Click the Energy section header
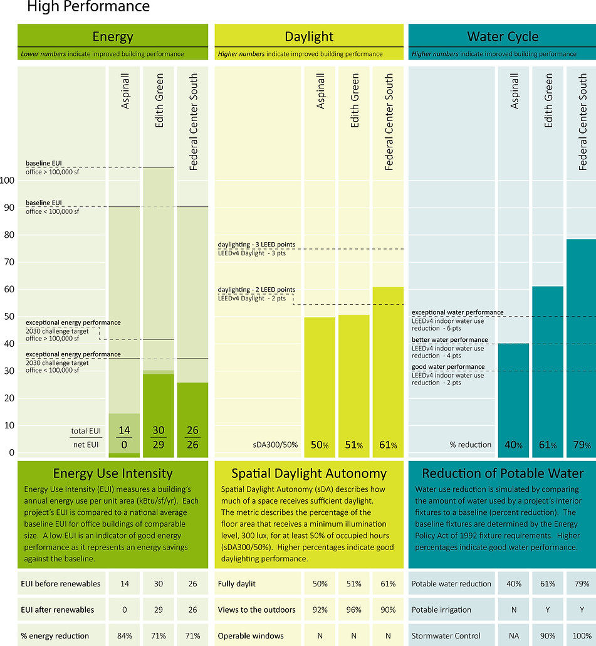[x=113, y=37]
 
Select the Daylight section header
[x=309, y=37]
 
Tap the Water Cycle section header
[x=503, y=37]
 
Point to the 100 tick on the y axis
[x=8, y=181]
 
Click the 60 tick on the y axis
[x=8, y=289]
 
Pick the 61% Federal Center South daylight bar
[x=388, y=370]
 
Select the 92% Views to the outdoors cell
[x=320, y=610]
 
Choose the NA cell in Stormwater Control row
[x=514, y=635]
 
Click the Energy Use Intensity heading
[x=113, y=474]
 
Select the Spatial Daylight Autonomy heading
[x=309, y=474]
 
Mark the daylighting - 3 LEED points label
[x=256, y=244]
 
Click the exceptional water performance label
[x=457, y=312]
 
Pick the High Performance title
[x=88, y=8]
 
